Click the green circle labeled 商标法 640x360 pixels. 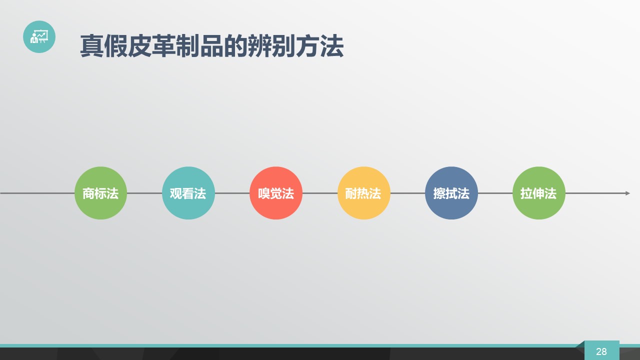[x=100, y=193]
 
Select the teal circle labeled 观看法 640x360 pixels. [x=188, y=193]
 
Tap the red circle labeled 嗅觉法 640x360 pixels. [x=276, y=193]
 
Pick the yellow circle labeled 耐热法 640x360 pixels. [x=363, y=193]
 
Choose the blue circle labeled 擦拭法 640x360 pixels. [x=451, y=193]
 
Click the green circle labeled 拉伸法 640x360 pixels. [x=539, y=193]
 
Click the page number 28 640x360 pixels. [x=601, y=351]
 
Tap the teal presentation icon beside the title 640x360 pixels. [x=39, y=36]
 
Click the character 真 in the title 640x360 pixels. [x=91, y=45]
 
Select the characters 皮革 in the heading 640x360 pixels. [x=151, y=45]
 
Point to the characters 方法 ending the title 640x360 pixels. [x=319, y=45]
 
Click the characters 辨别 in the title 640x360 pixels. [x=271, y=45]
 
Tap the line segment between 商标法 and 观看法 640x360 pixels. [x=144, y=193]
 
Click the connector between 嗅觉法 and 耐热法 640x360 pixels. [x=320, y=193]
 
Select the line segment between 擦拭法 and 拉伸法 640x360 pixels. [x=495, y=193]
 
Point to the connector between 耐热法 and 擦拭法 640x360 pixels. [x=407, y=193]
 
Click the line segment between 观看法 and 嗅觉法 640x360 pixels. [x=232, y=193]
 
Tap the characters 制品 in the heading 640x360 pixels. [x=199, y=45]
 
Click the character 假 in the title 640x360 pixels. [x=115, y=45]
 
